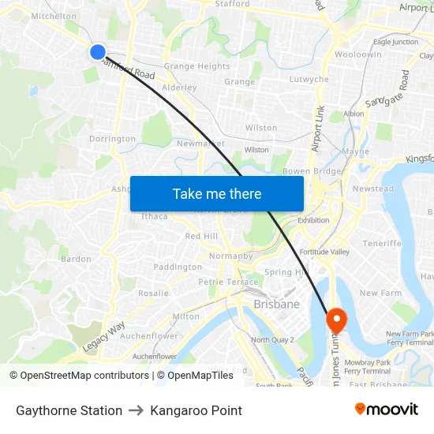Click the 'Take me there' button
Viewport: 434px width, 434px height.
coord(217,193)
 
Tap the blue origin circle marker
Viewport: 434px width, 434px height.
coord(98,52)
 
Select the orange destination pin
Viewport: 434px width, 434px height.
coord(337,320)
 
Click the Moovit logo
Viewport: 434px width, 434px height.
coord(387,410)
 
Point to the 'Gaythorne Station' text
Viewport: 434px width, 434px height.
coord(69,410)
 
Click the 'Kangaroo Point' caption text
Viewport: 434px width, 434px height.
coord(196,410)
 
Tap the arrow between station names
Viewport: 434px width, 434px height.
coord(136,410)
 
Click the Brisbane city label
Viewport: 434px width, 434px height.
coord(276,304)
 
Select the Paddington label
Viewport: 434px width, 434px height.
coord(178,267)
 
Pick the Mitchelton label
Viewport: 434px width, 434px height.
coord(54,16)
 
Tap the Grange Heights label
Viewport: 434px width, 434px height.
coord(196,66)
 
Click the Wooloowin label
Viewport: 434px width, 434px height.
coord(358,54)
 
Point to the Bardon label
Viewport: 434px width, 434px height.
coord(76,259)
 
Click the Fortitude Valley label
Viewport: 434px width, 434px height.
coord(324,252)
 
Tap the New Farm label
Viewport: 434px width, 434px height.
coord(380,293)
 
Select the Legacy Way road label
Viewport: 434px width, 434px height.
coord(104,337)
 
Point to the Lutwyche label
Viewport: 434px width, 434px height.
coord(309,80)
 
